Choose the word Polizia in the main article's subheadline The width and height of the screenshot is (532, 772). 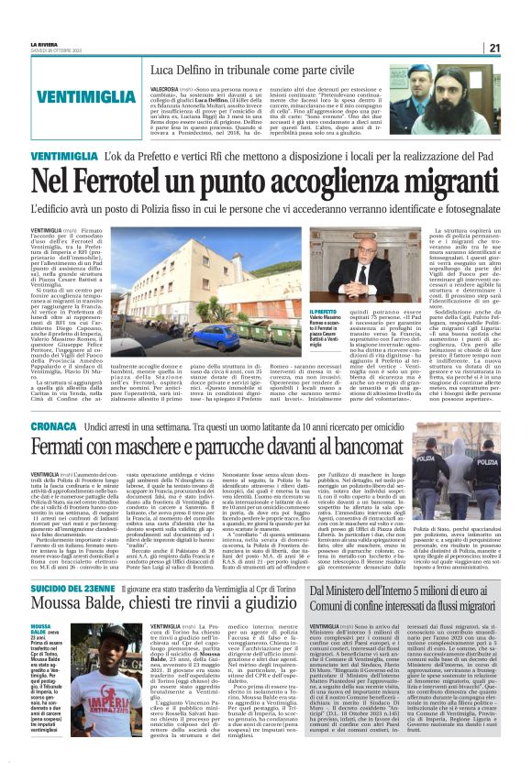pyautogui.click(x=205, y=211)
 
